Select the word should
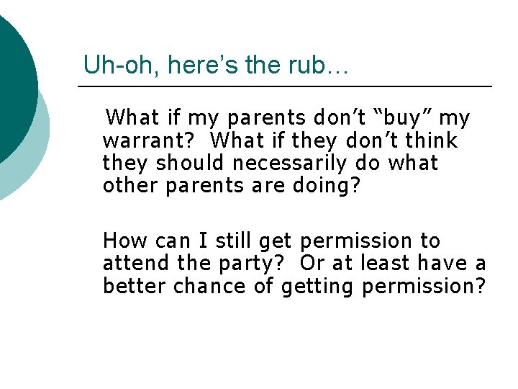coord(189,163)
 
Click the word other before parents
coord(131,186)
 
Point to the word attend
coord(131,264)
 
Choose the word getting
coord(318,287)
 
